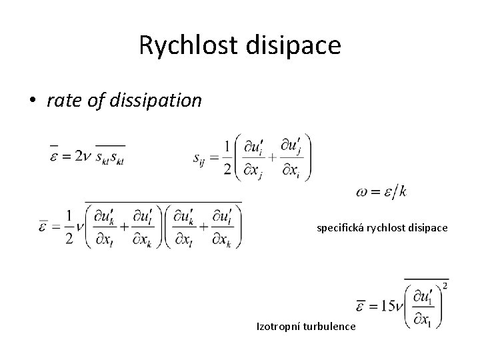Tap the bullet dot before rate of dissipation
click(33, 101)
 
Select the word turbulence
click(331, 326)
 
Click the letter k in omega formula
click(402, 191)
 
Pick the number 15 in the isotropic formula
click(386, 305)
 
